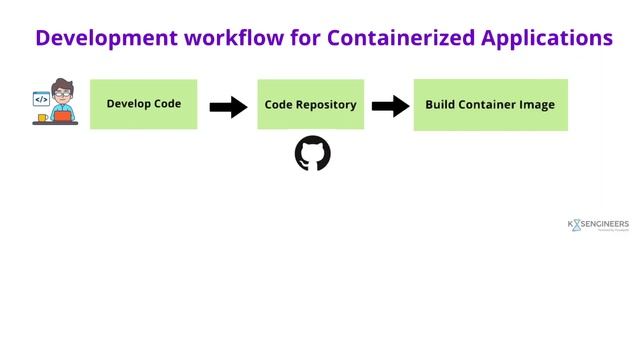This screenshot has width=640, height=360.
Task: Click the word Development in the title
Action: (x=105, y=38)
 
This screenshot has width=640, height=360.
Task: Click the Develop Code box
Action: (x=143, y=104)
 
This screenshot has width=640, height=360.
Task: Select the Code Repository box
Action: (x=310, y=104)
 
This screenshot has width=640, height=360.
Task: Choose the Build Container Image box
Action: (x=490, y=105)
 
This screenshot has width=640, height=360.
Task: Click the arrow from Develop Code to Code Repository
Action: (x=228, y=106)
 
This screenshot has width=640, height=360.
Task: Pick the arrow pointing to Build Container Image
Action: (x=390, y=106)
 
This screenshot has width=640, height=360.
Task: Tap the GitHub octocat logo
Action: (x=313, y=154)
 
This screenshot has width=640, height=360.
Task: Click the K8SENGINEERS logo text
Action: (x=598, y=225)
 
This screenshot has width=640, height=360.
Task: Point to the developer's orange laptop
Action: (x=63, y=116)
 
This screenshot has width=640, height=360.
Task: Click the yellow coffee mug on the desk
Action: (x=42, y=118)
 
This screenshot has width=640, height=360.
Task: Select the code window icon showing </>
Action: (x=41, y=99)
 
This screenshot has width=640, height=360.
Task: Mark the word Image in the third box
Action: (x=536, y=105)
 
